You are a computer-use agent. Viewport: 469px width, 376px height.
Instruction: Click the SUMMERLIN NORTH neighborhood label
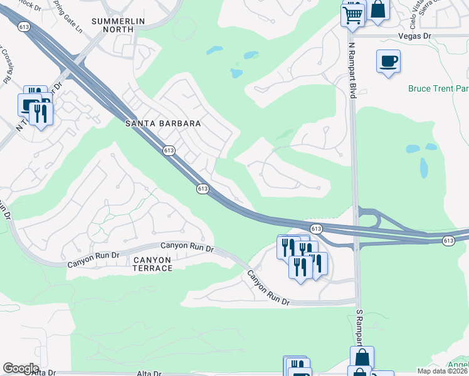click(119, 25)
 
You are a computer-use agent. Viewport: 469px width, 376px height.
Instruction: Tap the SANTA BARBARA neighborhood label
click(163, 123)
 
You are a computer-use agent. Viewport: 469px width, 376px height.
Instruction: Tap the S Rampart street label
click(359, 326)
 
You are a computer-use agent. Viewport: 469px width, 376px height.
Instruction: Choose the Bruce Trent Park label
click(438, 89)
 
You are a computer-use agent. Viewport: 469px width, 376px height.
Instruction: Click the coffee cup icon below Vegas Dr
click(388, 61)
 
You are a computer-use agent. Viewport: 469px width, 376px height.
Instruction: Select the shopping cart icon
click(353, 14)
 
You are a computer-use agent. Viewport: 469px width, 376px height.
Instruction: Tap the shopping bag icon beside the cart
click(378, 9)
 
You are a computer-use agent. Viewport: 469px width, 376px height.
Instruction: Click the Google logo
click(20, 368)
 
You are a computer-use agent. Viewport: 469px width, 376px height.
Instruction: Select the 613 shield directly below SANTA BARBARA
click(168, 150)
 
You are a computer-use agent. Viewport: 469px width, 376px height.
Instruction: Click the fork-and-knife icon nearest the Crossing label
click(41, 112)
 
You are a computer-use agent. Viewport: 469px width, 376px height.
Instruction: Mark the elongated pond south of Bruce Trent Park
click(423, 167)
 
